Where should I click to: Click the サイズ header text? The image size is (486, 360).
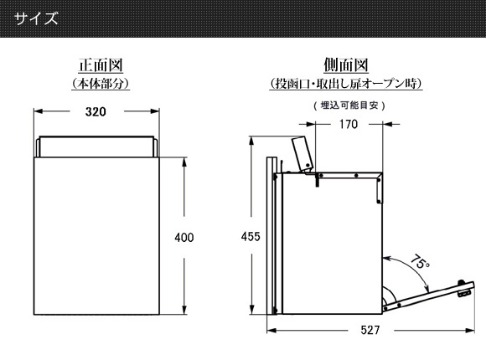click(36, 18)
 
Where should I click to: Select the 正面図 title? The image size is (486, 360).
click(101, 65)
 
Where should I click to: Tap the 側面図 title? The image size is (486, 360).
click(346, 65)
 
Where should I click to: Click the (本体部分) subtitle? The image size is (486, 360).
click(101, 84)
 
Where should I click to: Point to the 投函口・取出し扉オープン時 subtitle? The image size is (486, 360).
click(346, 84)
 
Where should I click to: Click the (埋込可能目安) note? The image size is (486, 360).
click(349, 105)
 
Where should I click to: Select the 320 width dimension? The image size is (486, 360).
click(96, 111)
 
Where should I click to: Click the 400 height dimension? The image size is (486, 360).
click(184, 238)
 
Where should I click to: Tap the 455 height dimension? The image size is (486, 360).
click(251, 237)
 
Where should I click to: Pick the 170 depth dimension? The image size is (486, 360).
click(349, 124)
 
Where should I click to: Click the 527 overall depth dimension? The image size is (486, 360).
click(370, 330)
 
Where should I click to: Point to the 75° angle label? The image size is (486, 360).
click(420, 262)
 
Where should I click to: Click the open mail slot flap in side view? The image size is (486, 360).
click(302, 154)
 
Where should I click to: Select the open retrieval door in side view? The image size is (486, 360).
click(428, 296)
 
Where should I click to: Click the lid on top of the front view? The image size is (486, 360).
click(96, 147)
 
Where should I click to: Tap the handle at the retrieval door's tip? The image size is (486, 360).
click(464, 289)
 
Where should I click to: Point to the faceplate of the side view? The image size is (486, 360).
click(271, 236)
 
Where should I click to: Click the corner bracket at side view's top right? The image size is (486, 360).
click(380, 188)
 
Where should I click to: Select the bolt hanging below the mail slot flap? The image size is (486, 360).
click(317, 180)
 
